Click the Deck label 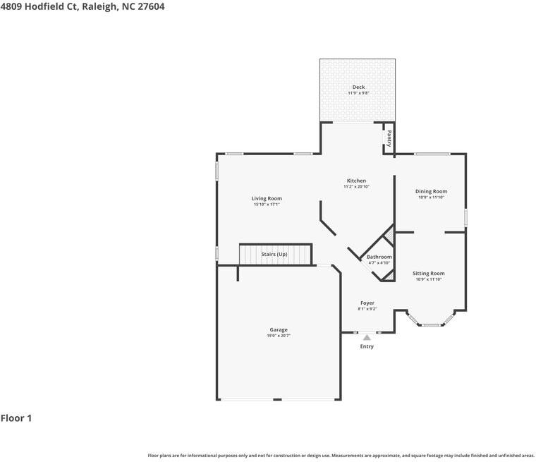coord(358,87)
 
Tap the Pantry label coord(389,138)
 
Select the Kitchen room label coord(356,181)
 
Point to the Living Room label coord(267,198)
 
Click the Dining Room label coord(431,192)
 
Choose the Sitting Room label coord(429,273)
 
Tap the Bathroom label coord(379,257)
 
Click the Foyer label coord(367,303)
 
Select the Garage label coord(279,329)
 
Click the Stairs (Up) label coord(274,255)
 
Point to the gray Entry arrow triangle coord(367,338)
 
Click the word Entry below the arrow coord(367,346)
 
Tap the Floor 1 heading coord(16,418)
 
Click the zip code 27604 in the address coord(151,6)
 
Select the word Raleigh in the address coord(100,7)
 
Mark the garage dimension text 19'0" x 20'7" coord(279,336)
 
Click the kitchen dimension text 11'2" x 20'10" coord(357,187)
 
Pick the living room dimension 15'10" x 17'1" coord(267,205)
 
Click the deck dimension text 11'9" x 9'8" coord(358,93)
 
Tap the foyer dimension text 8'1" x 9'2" coord(367,309)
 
